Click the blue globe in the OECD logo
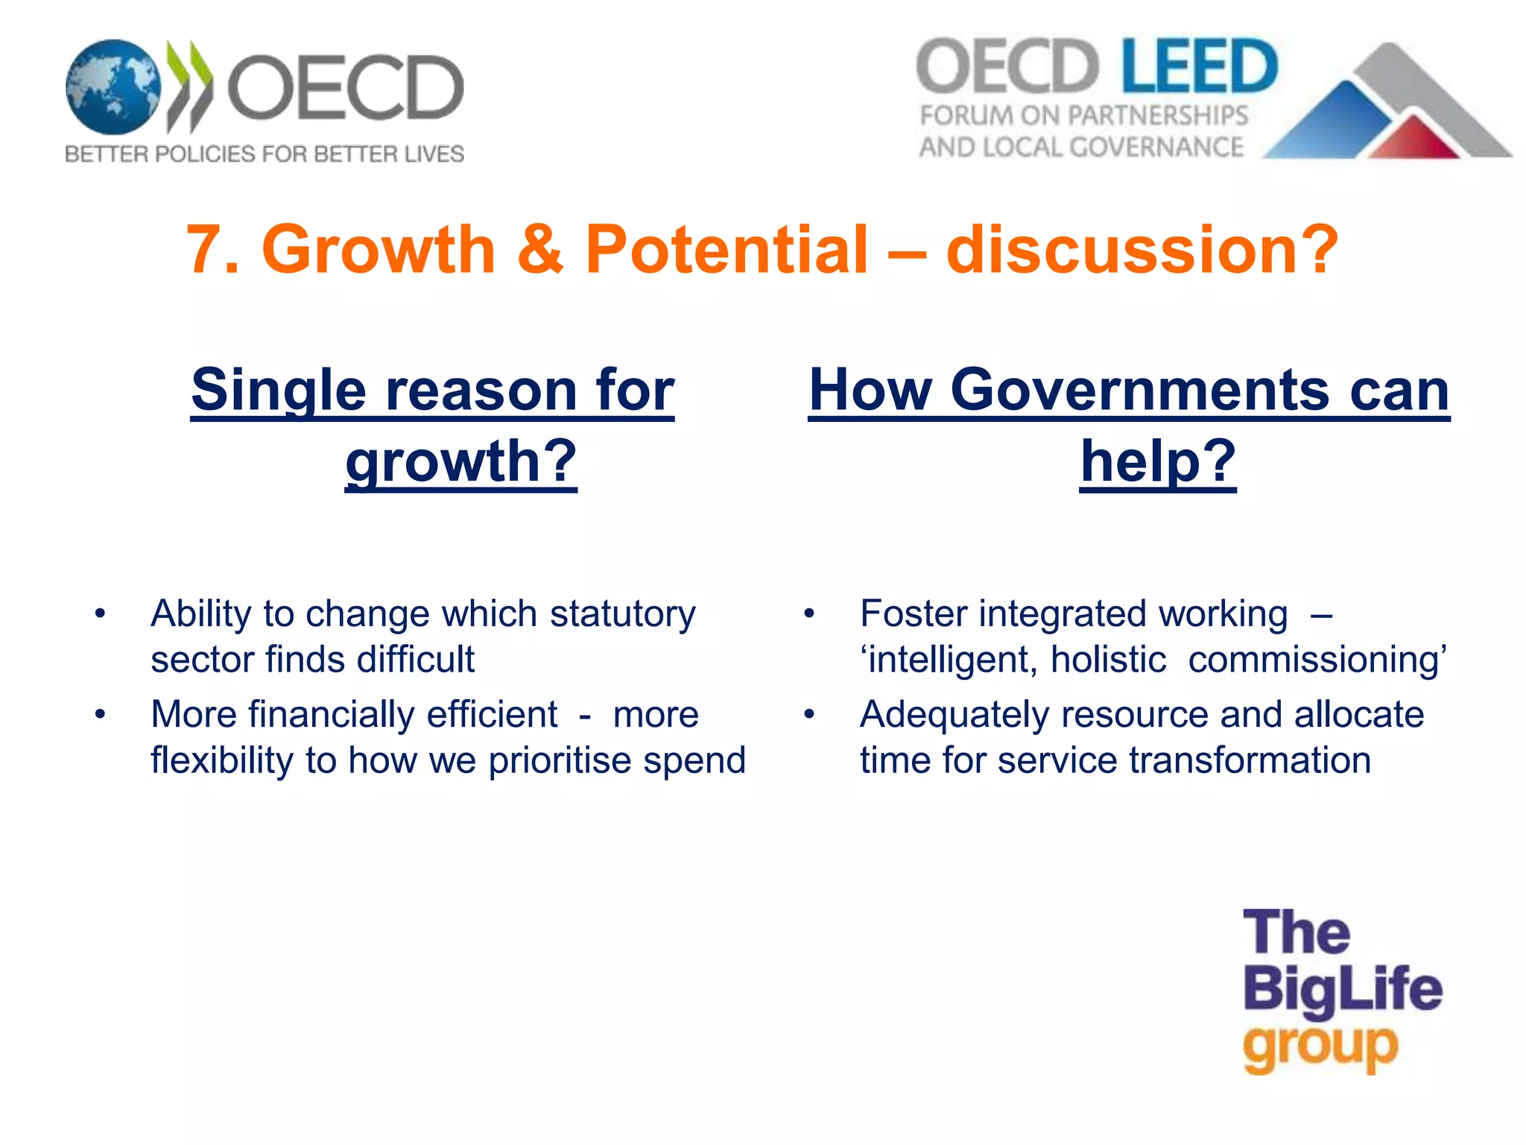[113, 87]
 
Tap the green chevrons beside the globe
[189, 86]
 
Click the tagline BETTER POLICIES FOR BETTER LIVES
[265, 154]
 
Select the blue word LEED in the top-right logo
[1199, 66]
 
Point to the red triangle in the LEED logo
[1413, 139]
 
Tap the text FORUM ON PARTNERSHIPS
[1083, 116]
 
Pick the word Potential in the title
[726, 250]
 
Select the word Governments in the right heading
[1139, 391]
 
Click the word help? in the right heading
[1158, 461]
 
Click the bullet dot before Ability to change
[101, 615]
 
